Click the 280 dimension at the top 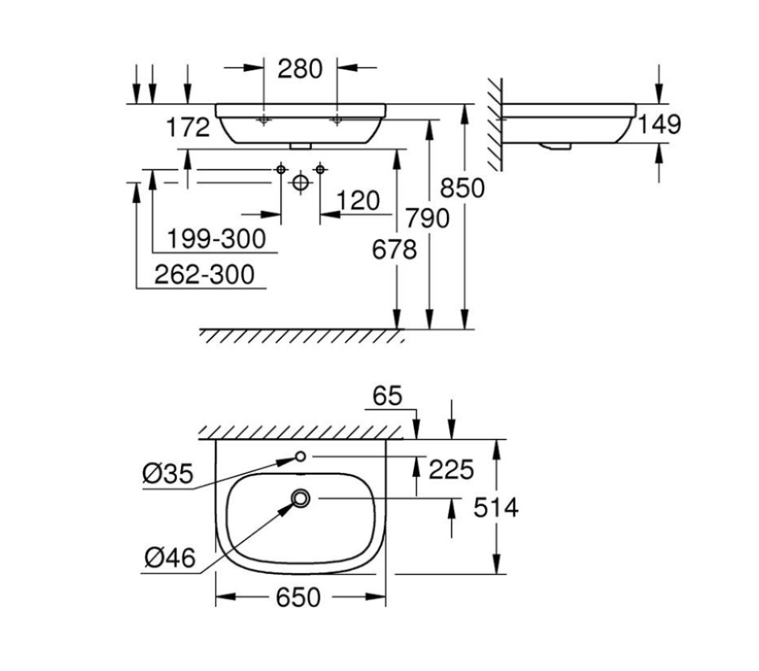[300, 69]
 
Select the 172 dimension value [187, 127]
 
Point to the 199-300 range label [216, 238]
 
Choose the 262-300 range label [205, 275]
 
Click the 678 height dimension [394, 250]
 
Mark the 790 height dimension [428, 217]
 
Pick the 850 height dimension [462, 188]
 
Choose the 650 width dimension [299, 598]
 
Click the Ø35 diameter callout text [167, 475]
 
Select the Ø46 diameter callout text [170, 558]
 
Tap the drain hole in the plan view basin [301, 499]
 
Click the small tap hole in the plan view [300, 457]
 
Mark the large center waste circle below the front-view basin [300, 184]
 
